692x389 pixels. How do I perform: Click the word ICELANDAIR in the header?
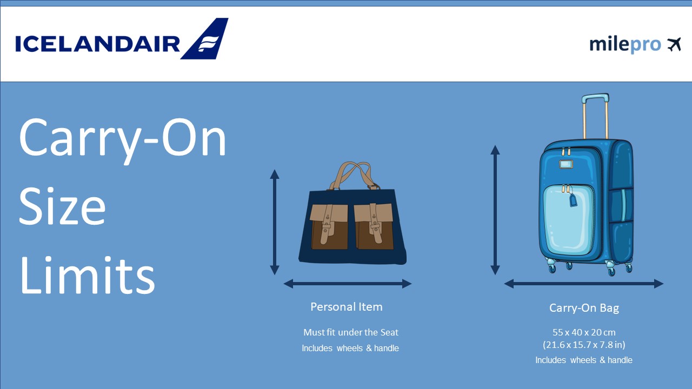click(97, 44)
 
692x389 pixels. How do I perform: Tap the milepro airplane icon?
click(674, 44)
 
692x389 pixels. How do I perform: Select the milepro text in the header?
click(625, 44)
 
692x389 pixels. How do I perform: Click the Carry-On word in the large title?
click(123, 138)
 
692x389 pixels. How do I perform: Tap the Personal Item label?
click(346, 307)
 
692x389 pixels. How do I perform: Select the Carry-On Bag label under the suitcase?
click(584, 308)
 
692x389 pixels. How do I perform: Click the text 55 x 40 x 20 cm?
click(584, 332)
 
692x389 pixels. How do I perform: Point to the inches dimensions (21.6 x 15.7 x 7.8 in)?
click(584, 345)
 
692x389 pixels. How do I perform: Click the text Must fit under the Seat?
click(350, 332)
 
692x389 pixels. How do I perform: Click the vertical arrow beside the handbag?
click(275, 222)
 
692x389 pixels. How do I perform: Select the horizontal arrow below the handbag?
click(348, 284)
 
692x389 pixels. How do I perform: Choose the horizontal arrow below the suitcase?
click(584, 284)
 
